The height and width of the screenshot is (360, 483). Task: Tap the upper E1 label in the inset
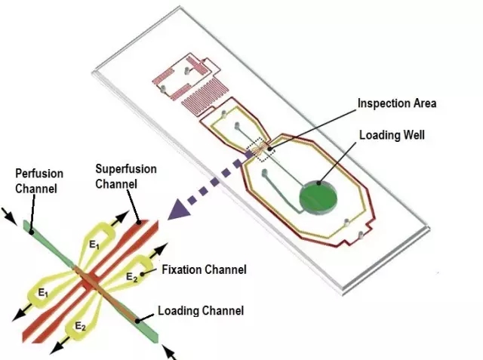94,245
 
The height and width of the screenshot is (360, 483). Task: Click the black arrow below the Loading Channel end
170,351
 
